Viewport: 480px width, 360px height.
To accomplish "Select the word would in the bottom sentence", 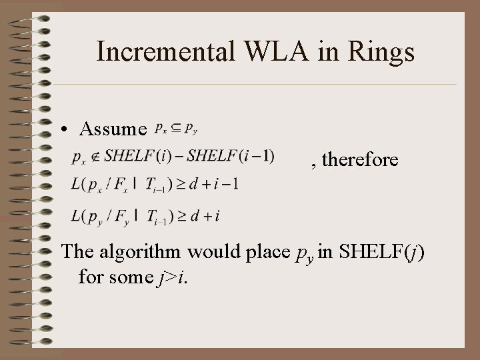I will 209,252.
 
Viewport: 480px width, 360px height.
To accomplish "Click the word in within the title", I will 322,51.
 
